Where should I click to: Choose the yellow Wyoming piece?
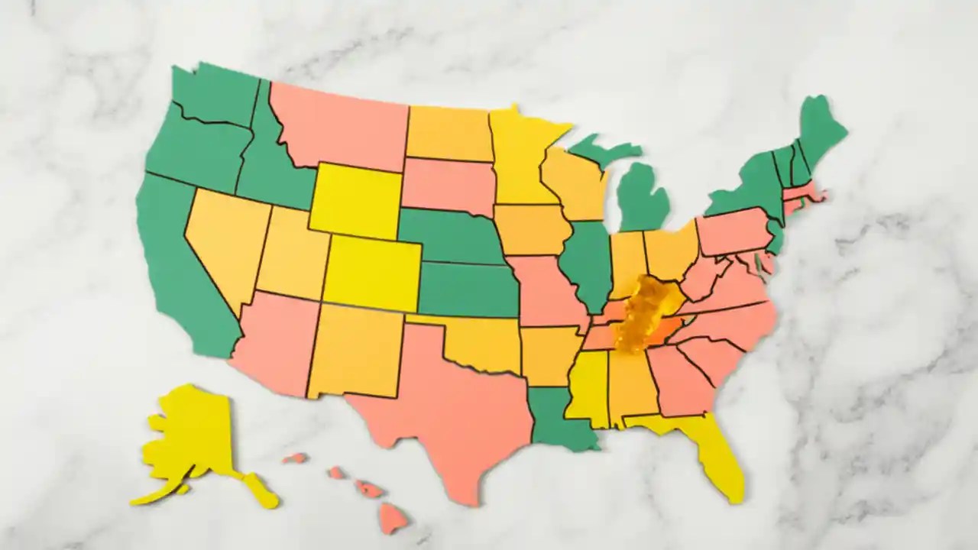pos(355,200)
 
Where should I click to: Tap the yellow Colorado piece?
pos(372,273)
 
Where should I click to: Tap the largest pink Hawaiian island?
pos(393,517)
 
